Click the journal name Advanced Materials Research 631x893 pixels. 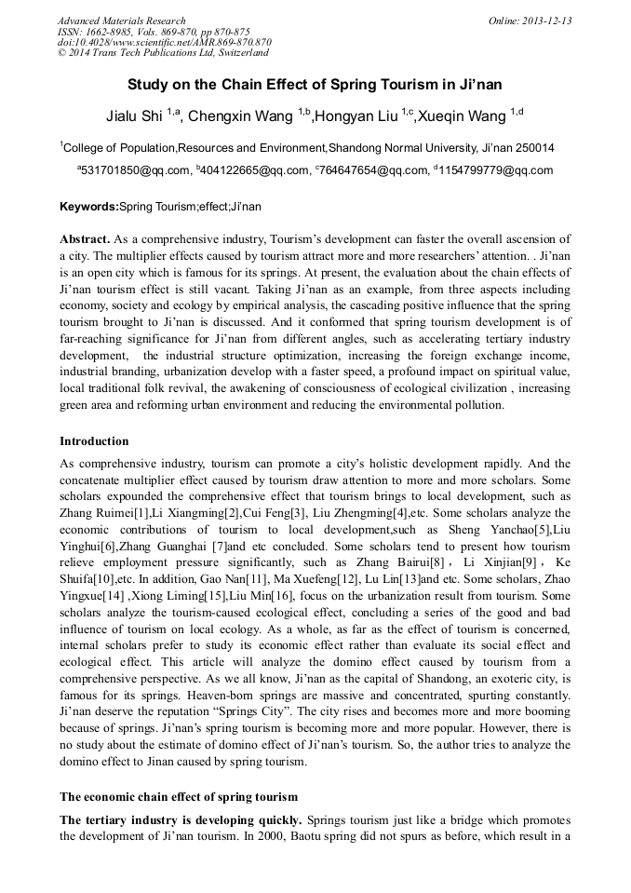pyautogui.click(x=121, y=20)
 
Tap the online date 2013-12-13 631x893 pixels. pyautogui.click(x=544, y=20)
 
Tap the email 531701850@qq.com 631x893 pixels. pyautogui.click(x=136, y=170)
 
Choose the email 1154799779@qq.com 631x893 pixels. pyautogui.click(x=496, y=170)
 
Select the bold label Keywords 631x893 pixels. pyautogui.click(x=88, y=206)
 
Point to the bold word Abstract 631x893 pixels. pyautogui.click(x=85, y=239)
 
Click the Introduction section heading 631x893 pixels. pyautogui.click(x=94, y=441)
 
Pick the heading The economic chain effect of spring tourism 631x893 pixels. pyautogui.click(x=179, y=797)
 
